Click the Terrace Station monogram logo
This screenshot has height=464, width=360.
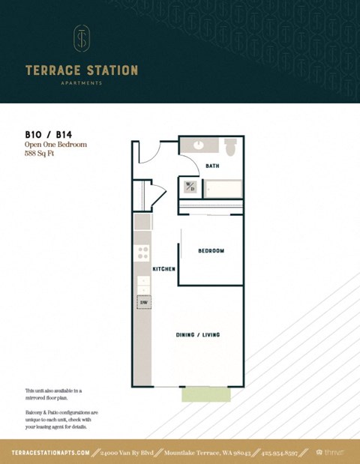[81, 38]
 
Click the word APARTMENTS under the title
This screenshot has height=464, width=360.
[81, 83]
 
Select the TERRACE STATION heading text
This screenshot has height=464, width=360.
[81, 70]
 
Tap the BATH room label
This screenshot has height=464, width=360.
[212, 166]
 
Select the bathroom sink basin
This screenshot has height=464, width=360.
[198, 145]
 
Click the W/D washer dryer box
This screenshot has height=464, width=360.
[190, 187]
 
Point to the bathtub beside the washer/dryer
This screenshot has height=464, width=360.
[221, 188]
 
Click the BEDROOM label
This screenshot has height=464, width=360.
[211, 250]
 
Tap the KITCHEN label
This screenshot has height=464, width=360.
[163, 268]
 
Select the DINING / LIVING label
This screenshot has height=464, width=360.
[198, 334]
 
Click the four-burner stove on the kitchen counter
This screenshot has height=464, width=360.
[142, 253]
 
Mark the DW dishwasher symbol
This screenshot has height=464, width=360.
[142, 302]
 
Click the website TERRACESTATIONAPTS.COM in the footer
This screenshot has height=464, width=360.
[51, 453]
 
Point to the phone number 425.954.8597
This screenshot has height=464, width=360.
[284, 453]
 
